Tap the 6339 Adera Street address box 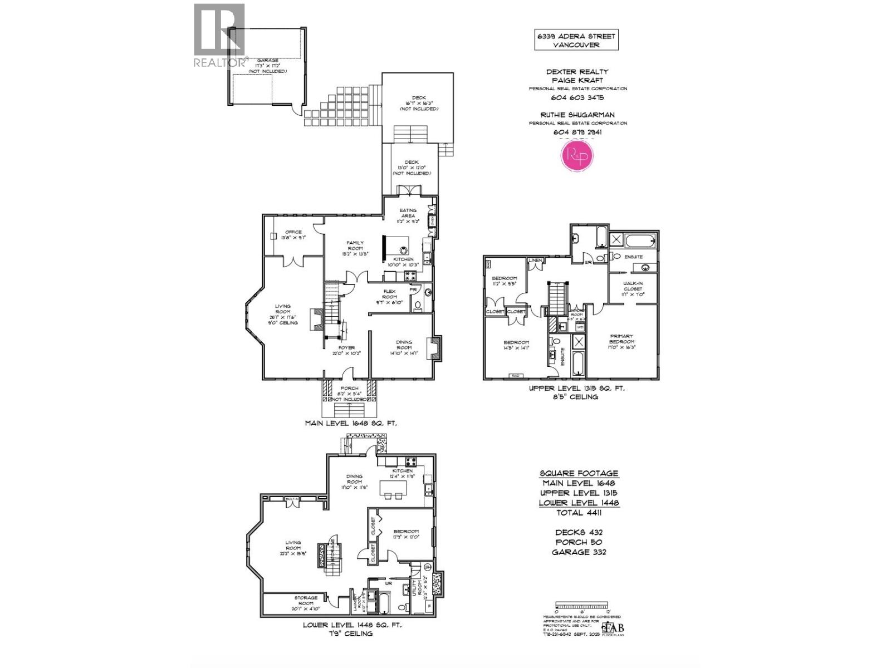pos(576,40)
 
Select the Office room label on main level pos(293,235)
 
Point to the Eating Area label pos(408,215)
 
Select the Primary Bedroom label pos(621,341)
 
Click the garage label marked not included pos(267,66)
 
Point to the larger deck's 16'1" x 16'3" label pos(419,103)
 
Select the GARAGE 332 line pos(579,552)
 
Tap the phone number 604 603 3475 pos(577,97)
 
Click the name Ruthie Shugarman pos(577,115)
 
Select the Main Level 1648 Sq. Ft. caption pos(351,423)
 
